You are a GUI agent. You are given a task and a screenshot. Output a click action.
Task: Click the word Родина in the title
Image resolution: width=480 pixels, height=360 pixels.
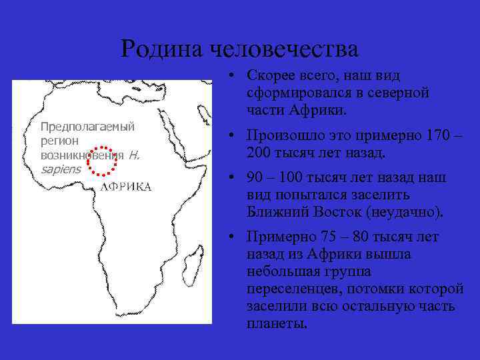pos(162,49)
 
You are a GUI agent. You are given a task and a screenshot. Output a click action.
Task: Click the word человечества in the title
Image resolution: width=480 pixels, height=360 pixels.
pos(285,49)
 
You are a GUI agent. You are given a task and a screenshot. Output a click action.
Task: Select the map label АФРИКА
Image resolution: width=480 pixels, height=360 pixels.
pos(127,187)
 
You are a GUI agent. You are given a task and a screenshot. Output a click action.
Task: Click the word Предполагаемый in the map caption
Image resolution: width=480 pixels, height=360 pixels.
pos(87,127)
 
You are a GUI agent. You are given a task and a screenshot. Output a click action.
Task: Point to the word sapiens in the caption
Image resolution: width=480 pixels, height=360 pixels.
pos(60,169)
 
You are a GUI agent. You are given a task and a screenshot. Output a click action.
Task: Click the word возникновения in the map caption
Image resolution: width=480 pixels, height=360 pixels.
pos(82,155)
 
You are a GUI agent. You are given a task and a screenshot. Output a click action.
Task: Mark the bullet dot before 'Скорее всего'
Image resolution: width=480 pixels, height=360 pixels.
pos(229,75)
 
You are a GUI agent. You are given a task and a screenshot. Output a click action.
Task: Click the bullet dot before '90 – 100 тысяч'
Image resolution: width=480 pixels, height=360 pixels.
pos(229,178)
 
